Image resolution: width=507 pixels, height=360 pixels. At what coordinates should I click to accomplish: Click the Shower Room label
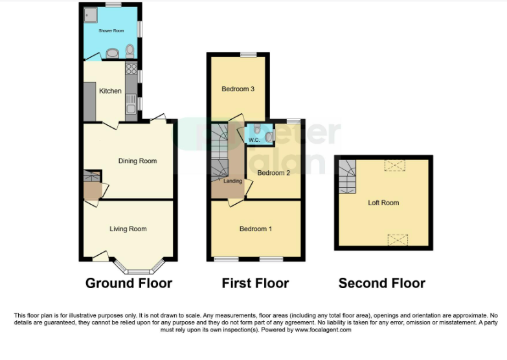tap(111, 30)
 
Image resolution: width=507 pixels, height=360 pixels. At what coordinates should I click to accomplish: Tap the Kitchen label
tap(110, 91)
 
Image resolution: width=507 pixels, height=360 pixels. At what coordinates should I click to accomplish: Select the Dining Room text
tap(137, 161)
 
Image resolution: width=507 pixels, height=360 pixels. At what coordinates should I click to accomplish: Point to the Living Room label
tap(128, 229)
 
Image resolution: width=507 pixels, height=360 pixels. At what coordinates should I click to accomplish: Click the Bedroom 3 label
tap(238, 89)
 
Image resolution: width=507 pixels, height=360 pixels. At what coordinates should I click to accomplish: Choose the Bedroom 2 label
tap(273, 173)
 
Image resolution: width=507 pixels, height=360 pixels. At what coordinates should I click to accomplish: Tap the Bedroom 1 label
tap(255, 229)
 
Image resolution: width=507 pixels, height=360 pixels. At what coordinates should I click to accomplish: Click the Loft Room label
tap(383, 203)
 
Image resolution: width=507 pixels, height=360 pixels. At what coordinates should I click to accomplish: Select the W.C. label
tap(254, 140)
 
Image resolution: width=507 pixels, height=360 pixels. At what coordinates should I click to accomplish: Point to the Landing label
tap(233, 181)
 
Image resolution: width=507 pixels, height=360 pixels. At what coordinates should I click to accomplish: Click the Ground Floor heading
tap(129, 283)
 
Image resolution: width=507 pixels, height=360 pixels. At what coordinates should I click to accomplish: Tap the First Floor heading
tap(255, 283)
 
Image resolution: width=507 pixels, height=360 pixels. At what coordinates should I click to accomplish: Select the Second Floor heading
tap(382, 283)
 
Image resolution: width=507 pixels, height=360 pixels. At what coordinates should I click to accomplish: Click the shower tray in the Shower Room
tap(90, 15)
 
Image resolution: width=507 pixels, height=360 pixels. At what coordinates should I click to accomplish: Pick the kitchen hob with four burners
tap(131, 69)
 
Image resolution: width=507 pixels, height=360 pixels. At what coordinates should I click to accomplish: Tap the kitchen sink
tap(131, 104)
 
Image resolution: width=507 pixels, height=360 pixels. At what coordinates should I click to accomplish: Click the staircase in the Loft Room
tap(347, 177)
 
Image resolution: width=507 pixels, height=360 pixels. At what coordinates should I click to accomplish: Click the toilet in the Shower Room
tap(130, 51)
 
